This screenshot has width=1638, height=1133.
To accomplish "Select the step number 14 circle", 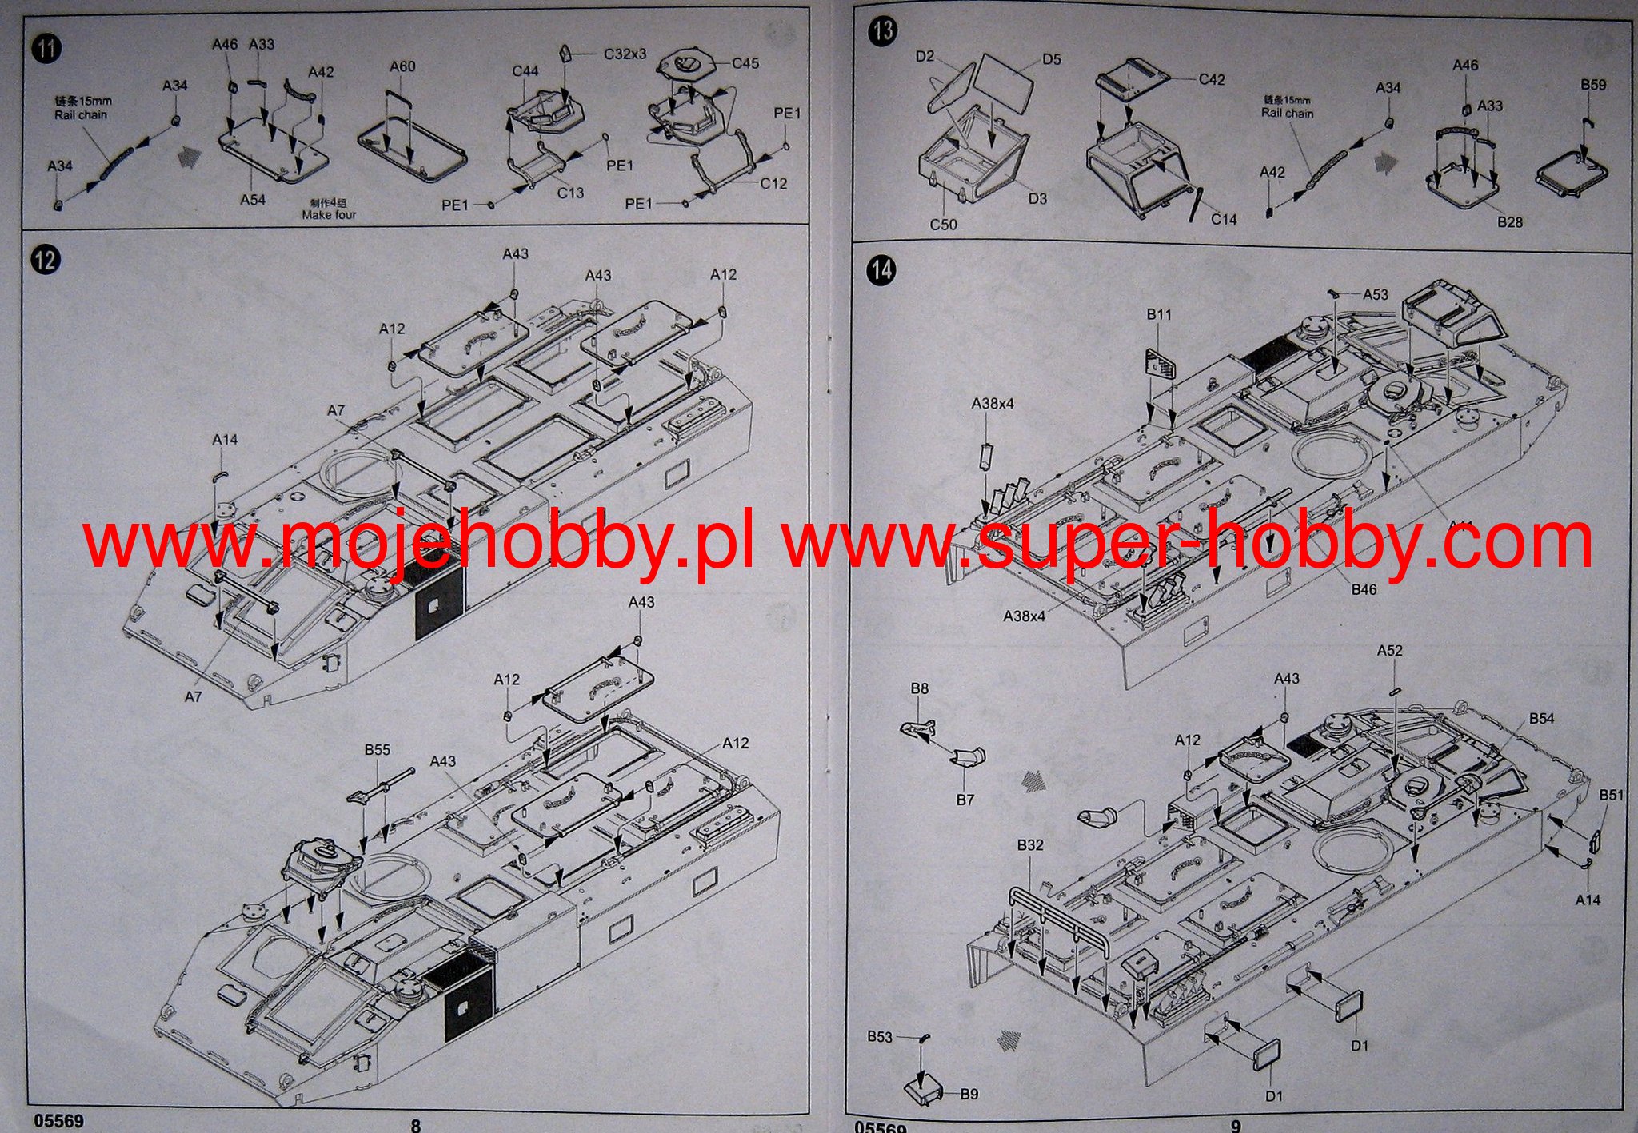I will [881, 270].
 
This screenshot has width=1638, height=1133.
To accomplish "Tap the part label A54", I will [253, 200].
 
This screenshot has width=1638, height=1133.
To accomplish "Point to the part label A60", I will [402, 67].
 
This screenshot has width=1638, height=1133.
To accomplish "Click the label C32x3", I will [625, 54].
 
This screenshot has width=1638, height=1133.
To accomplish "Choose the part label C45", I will [745, 64].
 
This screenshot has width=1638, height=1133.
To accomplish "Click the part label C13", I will [570, 193].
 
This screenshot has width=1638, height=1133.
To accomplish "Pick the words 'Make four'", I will [329, 215].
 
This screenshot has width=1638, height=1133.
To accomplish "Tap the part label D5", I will [1051, 60].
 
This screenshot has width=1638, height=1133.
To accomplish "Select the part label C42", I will [1212, 80].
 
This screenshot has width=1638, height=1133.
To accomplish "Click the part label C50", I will [943, 225].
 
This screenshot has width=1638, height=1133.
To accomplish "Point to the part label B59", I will [1592, 85].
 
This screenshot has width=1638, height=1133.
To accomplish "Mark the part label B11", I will [1159, 315].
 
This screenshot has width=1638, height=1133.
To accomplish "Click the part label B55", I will [378, 750].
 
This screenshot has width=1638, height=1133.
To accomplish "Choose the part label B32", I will [1030, 845].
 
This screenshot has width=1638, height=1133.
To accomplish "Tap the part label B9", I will [969, 1094].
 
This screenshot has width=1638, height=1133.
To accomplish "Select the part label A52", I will [1389, 651].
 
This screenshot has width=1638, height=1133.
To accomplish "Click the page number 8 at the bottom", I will [415, 1125].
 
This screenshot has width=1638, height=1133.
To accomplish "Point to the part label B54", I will [1541, 719].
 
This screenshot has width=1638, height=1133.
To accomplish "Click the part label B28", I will [1510, 222].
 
